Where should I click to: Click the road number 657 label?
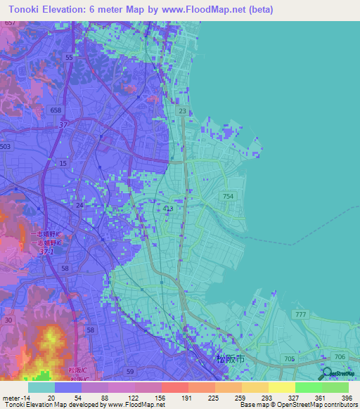(9, 23)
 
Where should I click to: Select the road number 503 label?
(6, 146)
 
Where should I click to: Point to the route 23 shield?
(183, 111)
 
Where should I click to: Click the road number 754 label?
(228, 197)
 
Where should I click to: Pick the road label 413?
(168, 209)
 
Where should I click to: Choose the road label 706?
(340, 358)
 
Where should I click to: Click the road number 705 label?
(289, 358)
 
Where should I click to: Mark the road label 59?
(128, 371)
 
